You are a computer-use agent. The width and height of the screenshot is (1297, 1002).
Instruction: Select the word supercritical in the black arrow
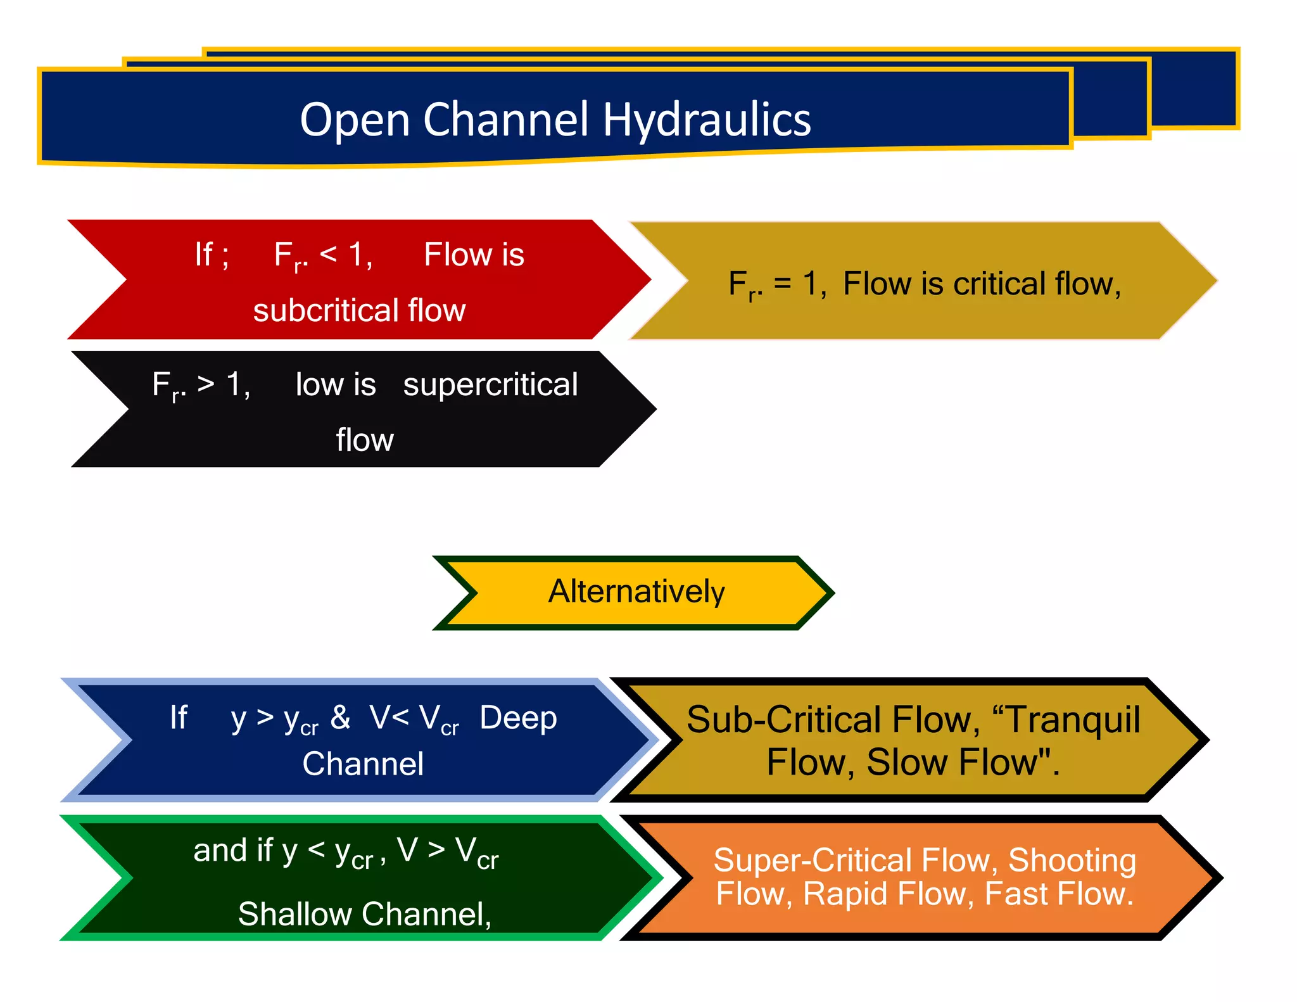pos(490,385)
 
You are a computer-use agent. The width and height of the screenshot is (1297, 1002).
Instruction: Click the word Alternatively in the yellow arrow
pos(636,592)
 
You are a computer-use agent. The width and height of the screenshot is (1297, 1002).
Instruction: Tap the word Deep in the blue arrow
pos(518,718)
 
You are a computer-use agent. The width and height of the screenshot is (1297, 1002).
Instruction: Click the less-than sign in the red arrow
pos(328,255)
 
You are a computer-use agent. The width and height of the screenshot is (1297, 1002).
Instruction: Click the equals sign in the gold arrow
pos(783,284)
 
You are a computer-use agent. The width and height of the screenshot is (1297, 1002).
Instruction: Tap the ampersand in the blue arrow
pos(340,718)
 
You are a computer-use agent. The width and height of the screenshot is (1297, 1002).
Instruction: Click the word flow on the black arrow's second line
pos(365,440)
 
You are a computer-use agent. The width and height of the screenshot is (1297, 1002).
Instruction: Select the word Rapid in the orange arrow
pos(845,894)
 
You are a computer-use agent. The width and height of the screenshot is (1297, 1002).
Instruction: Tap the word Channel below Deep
pos(363,764)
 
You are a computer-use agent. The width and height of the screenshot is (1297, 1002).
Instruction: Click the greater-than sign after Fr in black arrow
pos(206,384)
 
